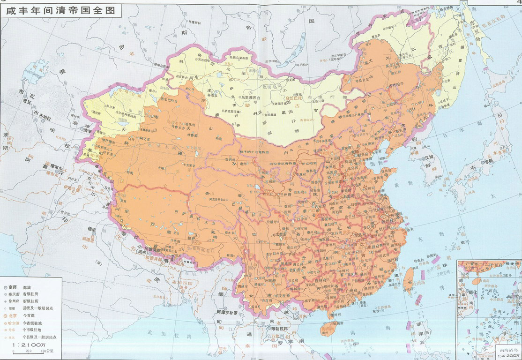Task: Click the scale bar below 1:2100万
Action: pyautogui.click(x=33, y=351)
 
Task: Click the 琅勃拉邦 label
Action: pyautogui.click(x=277, y=330)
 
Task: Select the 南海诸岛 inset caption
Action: pyautogui.click(x=508, y=350)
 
